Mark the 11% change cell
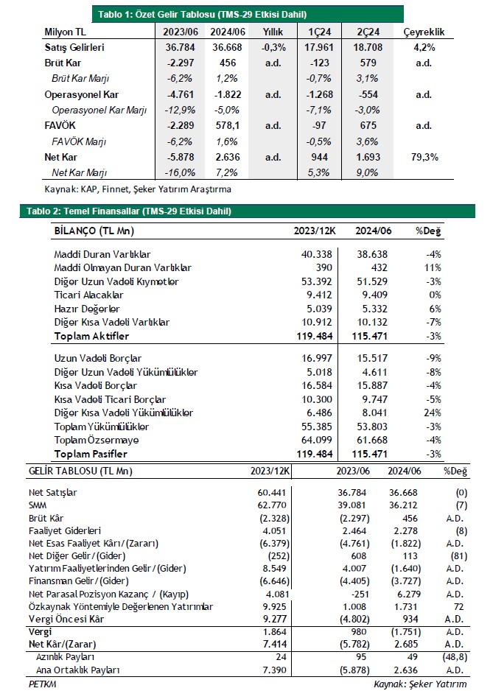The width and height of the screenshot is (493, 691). tap(433, 267)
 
